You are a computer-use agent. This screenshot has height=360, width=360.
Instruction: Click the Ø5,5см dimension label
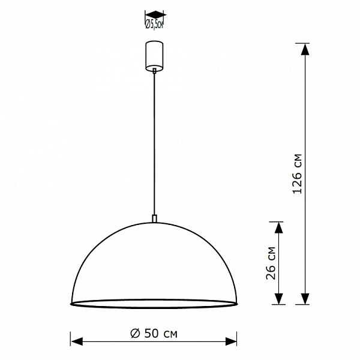click(x=154, y=23)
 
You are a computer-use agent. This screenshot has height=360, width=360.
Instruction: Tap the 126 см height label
click(x=297, y=174)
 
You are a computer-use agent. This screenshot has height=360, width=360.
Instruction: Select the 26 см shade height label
click(x=271, y=263)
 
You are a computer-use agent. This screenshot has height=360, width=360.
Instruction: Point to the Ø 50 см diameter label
click(x=154, y=334)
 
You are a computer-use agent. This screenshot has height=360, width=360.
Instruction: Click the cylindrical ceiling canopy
click(x=154, y=56)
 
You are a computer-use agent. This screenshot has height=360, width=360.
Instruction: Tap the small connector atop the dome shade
click(x=155, y=218)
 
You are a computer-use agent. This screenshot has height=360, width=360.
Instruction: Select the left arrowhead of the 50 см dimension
click(x=77, y=341)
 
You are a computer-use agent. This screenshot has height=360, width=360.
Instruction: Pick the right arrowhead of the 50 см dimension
click(x=231, y=341)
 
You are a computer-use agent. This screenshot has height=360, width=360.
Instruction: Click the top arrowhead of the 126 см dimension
click(x=305, y=49)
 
